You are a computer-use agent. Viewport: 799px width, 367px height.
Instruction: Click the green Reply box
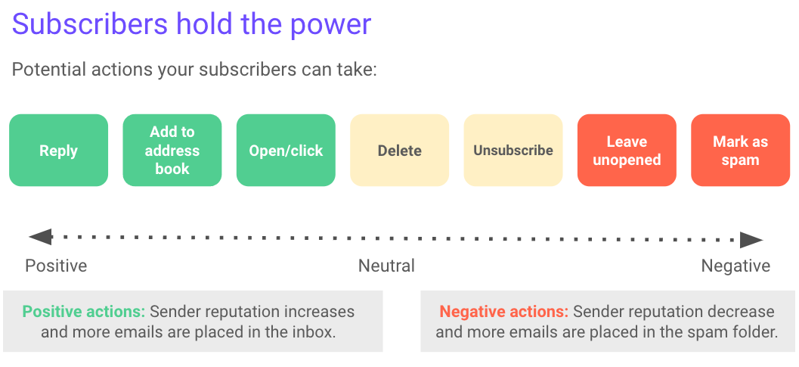click(59, 150)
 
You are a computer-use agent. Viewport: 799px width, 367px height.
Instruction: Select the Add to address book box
click(172, 150)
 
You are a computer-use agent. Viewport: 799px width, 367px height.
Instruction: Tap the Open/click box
click(286, 150)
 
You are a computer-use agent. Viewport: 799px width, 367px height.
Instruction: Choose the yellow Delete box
click(399, 150)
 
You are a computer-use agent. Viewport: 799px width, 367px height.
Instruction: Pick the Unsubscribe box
click(513, 150)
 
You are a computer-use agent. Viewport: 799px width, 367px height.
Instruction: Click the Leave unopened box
click(627, 150)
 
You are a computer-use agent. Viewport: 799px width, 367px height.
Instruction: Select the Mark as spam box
click(740, 150)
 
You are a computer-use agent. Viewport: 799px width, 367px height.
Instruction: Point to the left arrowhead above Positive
click(40, 237)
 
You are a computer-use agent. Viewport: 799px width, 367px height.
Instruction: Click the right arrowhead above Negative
click(751, 240)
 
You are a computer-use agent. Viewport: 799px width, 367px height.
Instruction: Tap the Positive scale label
click(56, 266)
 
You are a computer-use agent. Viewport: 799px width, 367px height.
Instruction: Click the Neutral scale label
click(386, 266)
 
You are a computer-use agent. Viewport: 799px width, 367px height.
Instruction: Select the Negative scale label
click(736, 266)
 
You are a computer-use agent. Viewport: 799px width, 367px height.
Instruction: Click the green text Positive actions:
click(84, 311)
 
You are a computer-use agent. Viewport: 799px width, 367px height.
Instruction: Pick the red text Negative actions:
click(503, 311)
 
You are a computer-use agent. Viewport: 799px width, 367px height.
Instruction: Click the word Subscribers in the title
click(90, 24)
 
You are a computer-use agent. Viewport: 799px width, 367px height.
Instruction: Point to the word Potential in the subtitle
click(48, 69)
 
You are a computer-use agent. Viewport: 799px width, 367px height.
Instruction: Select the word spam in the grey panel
click(706, 333)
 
